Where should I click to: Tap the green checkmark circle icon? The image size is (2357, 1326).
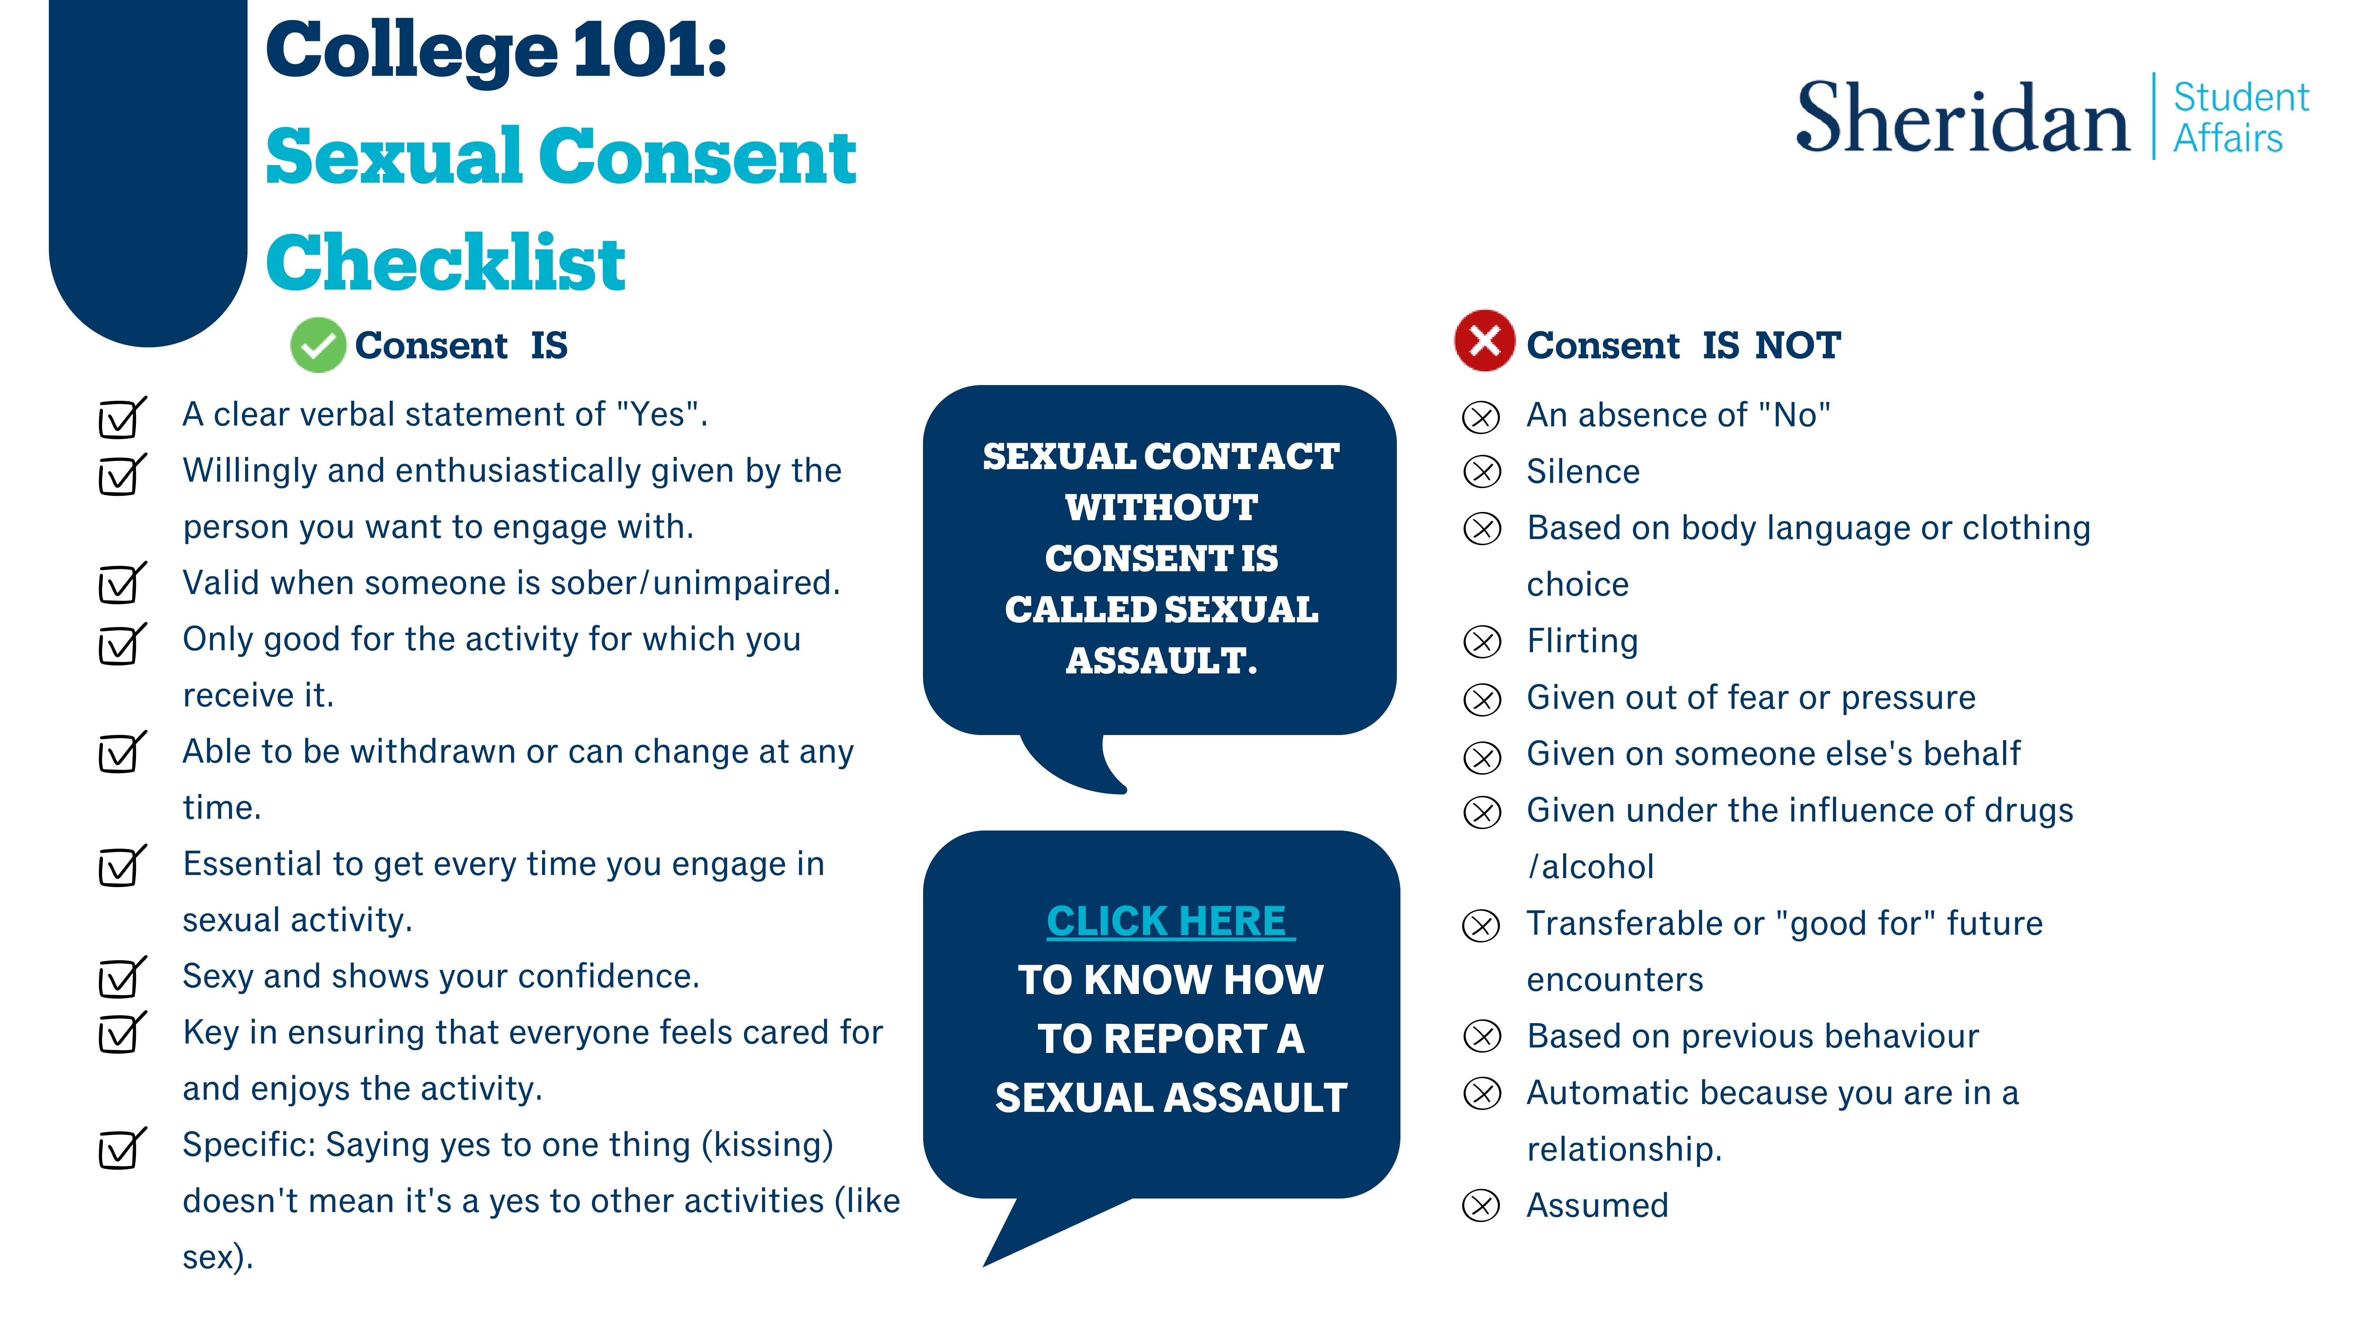click(317, 345)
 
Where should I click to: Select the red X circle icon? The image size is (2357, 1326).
click(1484, 340)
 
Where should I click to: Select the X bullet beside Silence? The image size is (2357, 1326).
click(1482, 472)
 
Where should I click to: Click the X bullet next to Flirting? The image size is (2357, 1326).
click(1482, 642)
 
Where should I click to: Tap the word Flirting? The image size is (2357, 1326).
click(1582, 640)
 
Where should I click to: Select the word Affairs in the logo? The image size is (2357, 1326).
click(2228, 139)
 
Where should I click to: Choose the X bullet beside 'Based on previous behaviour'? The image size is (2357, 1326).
click(1482, 1037)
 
